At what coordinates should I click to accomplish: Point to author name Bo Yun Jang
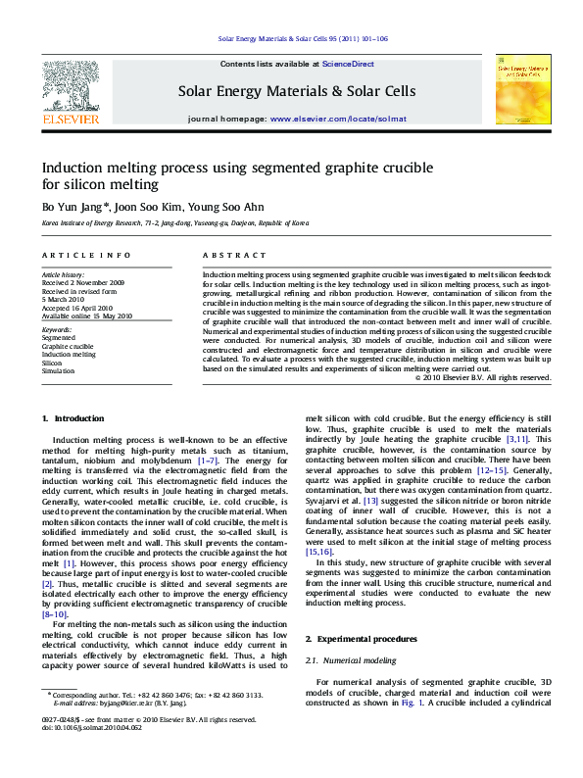click(x=72, y=208)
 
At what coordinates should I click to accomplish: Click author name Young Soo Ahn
click(x=227, y=208)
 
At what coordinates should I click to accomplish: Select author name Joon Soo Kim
click(x=149, y=208)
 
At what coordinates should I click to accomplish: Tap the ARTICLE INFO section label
click(x=74, y=256)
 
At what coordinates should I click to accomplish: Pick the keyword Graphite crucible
click(x=68, y=346)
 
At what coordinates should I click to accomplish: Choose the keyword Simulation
click(x=59, y=370)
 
